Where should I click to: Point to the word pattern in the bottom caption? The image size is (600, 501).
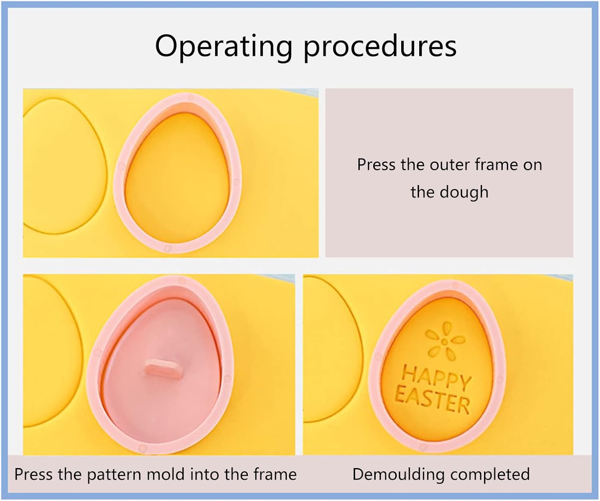point(114,474)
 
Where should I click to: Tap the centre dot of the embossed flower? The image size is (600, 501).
point(444,341)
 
